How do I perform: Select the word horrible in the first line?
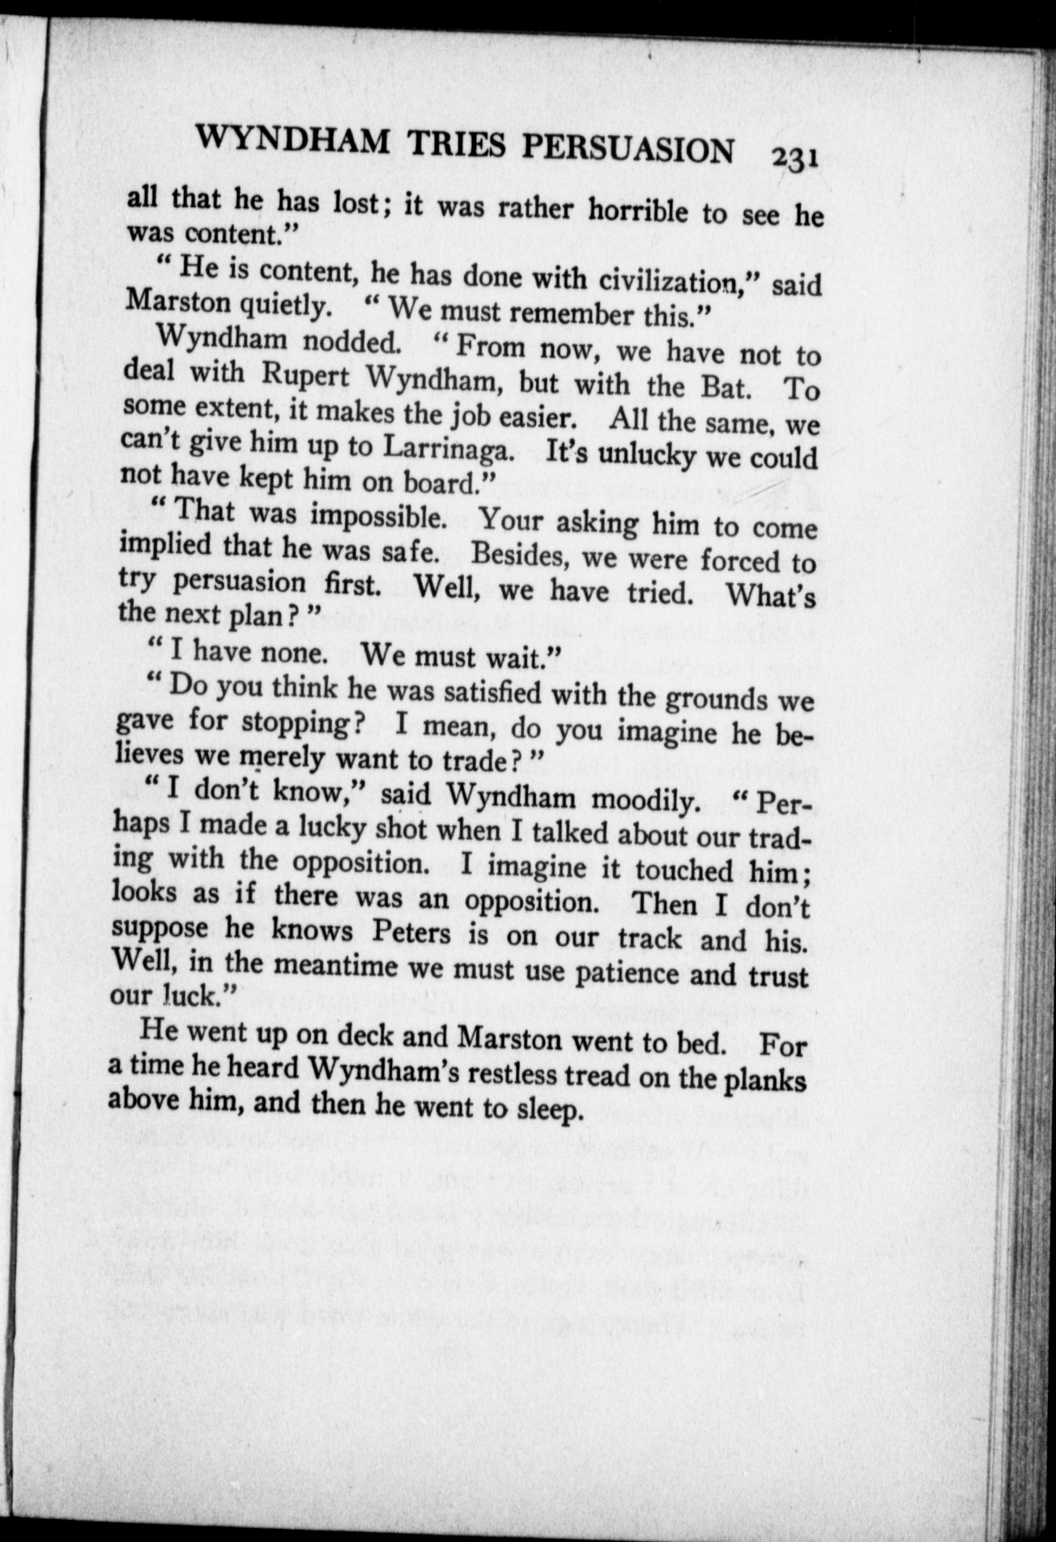(638, 211)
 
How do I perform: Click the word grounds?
(716, 699)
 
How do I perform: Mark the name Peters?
(411, 932)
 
